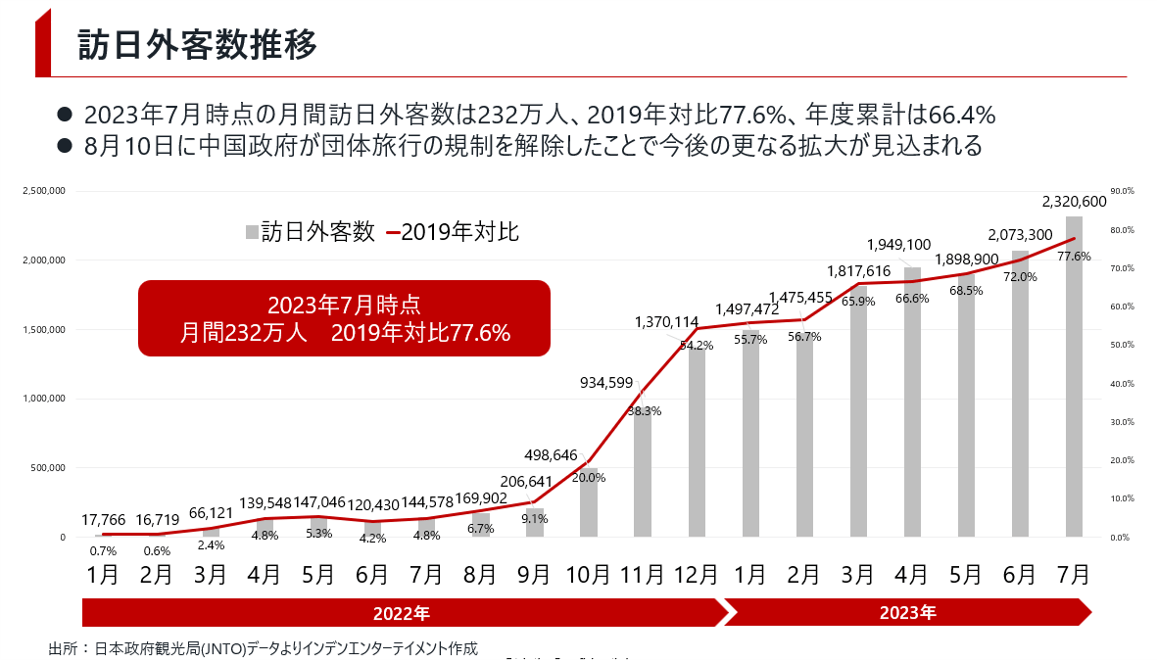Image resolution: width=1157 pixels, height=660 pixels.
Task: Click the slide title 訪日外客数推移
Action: tap(197, 44)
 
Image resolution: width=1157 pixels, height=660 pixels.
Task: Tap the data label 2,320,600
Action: tap(1074, 202)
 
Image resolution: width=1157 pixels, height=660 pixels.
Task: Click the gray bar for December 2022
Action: tap(697, 441)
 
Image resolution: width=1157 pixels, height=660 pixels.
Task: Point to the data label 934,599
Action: tap(607, 383)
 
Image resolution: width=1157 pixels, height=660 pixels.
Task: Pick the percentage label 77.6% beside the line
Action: tap(1075, 257)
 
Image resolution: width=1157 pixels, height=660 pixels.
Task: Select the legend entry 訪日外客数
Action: tap(310, 232)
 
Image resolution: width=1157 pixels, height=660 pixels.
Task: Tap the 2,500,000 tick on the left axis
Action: tap(43, 191)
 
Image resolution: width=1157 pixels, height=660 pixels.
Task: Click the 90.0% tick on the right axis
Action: tap(1122, 191)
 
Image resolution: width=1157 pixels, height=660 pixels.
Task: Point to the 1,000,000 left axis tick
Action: tap(43, 399)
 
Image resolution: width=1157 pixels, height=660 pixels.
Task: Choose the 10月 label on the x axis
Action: tap(589, 574)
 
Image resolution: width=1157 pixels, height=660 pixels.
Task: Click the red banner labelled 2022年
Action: tap(402, 614)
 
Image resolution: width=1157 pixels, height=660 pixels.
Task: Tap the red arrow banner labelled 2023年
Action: tap(907, 614)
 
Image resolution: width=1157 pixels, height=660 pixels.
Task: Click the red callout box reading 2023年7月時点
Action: tap(344, 318)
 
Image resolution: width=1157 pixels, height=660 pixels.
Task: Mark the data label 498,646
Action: tap(552, 455)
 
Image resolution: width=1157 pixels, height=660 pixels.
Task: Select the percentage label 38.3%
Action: tap(644, 411)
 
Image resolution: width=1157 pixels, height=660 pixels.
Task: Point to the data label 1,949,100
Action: tap(899, 245)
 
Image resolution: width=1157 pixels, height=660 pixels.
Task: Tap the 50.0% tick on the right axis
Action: tap(1122, 345)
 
